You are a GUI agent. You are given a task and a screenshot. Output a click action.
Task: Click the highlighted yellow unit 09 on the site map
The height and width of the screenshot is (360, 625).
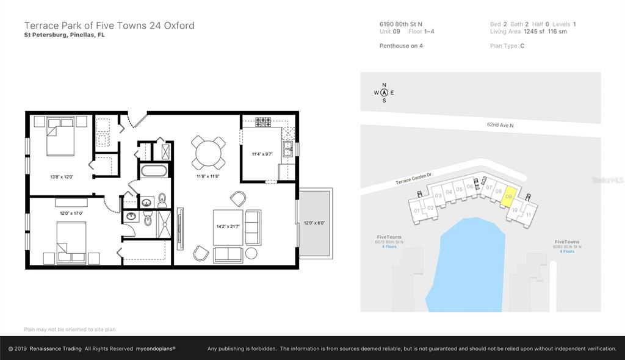tap(508, 196)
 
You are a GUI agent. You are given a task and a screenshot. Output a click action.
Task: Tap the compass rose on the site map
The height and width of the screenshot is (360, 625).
tap(384, 93)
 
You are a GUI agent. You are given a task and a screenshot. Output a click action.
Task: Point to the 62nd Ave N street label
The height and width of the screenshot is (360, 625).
tap(500, 125)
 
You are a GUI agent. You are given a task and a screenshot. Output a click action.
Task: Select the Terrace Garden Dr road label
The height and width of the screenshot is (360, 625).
tap(413, 178)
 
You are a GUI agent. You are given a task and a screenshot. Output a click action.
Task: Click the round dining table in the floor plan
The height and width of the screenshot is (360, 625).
tap(208, 153)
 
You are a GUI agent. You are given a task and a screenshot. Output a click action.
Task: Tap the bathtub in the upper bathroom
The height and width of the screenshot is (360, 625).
tap(153, 171)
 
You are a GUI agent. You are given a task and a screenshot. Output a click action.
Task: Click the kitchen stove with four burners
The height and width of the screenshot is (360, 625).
tap(263, 122)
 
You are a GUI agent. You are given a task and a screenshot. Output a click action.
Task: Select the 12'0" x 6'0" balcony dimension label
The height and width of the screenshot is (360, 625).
tap(314, 223)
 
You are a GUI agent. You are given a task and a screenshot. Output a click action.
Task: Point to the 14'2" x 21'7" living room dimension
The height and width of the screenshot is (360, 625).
tap(228, 226)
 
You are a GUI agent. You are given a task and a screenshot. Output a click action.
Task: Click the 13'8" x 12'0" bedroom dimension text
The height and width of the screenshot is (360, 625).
tap(62, 176)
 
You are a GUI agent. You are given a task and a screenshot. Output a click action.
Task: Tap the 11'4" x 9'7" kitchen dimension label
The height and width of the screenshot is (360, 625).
tap(262, 154)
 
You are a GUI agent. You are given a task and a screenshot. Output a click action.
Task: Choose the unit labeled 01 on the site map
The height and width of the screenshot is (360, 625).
tap(417, 211)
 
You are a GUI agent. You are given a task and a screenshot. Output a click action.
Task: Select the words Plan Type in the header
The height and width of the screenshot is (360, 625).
tap(504, 46)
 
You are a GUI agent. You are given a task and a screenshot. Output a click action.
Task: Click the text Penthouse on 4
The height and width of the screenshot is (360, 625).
tap(401, 46)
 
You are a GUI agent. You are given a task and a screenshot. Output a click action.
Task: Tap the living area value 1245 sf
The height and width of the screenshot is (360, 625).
tap(534, 32)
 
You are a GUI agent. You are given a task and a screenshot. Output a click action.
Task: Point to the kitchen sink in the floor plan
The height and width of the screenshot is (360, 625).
tap(287, 149)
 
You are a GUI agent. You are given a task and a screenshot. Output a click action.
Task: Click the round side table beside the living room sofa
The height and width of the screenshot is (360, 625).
tap(251, 253)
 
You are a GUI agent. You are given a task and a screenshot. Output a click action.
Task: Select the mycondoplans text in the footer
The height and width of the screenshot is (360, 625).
tap(156, 348)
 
